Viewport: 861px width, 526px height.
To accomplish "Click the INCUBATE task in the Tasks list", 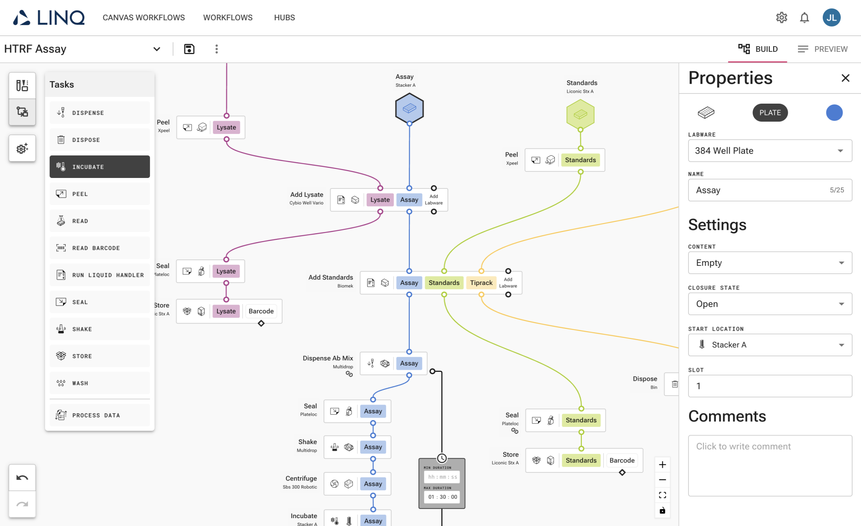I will pyautogui.click(x=99, y=167).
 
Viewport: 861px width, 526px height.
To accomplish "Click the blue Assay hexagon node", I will pyautogui.click(x=409, y=109).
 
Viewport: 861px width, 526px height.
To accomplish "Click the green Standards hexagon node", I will pyautogui.click(x=580, y=114).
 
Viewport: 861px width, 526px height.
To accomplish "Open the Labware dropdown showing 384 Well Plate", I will pyautogui.click(x=770, y=151).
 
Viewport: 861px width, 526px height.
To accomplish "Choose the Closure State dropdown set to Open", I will pyautogui.click(x=770, y=304).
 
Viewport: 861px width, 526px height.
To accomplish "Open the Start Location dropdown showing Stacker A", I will pyautogui.click(x=770, y=345).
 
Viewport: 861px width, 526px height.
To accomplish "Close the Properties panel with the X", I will pyautogui.click(x=845, y=78).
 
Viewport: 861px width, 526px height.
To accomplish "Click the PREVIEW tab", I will pyautogui.click(x=823, y=49).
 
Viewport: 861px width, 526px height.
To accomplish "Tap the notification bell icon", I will pyautogui.click(x=804, y=18).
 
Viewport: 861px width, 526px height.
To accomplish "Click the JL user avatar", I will pyautogui.click(x=831, y=18).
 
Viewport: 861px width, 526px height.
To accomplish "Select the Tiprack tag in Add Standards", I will pyautogui.click(x=481, y=283).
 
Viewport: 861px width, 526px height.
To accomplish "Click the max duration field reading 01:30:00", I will pyautogui.click(x=442, y=497).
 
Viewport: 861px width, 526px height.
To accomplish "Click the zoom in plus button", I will pyautogui.click(x=663, y=465).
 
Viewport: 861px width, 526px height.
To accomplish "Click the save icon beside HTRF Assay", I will pyautogui.click(x=189, y=49).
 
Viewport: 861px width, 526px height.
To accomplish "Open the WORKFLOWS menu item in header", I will pyautogui.click(x=228, y=18).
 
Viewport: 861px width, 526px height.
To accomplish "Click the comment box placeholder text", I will pyautogui.click(x=743, y=446).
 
